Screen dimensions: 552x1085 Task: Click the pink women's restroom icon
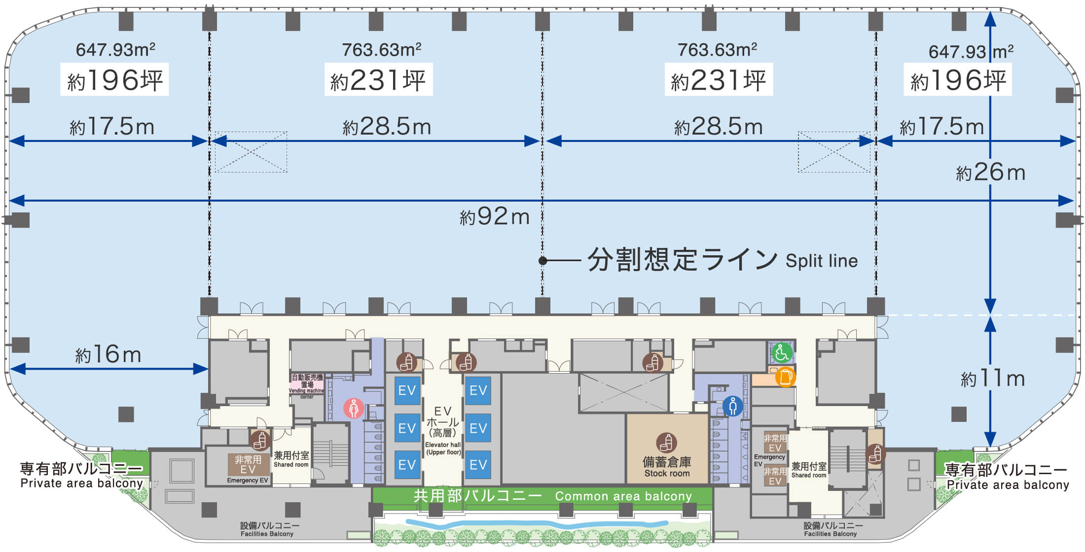354,408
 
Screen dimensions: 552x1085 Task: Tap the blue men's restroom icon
733,406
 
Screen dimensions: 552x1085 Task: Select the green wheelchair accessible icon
782,353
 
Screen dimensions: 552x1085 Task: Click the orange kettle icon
785,377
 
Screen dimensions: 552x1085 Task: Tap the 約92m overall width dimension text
495,216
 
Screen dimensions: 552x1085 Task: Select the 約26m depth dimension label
990,172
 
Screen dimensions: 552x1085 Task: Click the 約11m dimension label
992,379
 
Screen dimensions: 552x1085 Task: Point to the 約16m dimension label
108,355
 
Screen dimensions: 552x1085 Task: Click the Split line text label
822,261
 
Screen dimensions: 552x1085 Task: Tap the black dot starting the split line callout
542,261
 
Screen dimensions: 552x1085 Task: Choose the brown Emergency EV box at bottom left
248,465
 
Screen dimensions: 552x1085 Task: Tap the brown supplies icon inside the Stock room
667,443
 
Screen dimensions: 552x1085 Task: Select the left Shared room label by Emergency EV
291,460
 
